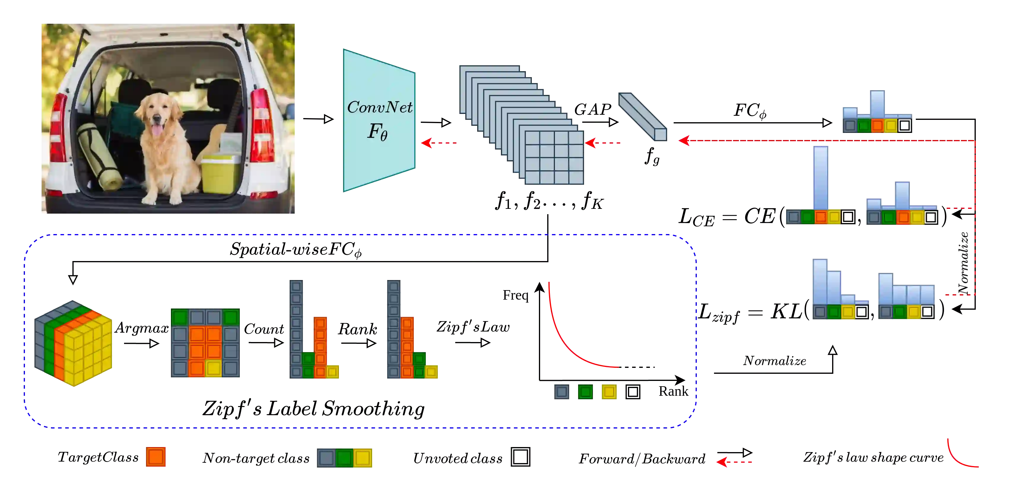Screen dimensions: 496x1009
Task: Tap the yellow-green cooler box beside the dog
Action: point(220,174)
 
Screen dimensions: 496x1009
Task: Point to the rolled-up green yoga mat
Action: point(99,157)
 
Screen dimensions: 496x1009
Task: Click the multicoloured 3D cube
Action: point(74,343)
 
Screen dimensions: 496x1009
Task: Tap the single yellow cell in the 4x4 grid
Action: point(213,368)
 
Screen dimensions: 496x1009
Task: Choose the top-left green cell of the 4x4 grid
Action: point(180,317)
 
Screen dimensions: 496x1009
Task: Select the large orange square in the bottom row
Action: point(156,457)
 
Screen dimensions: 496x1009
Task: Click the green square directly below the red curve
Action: point(585,392)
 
